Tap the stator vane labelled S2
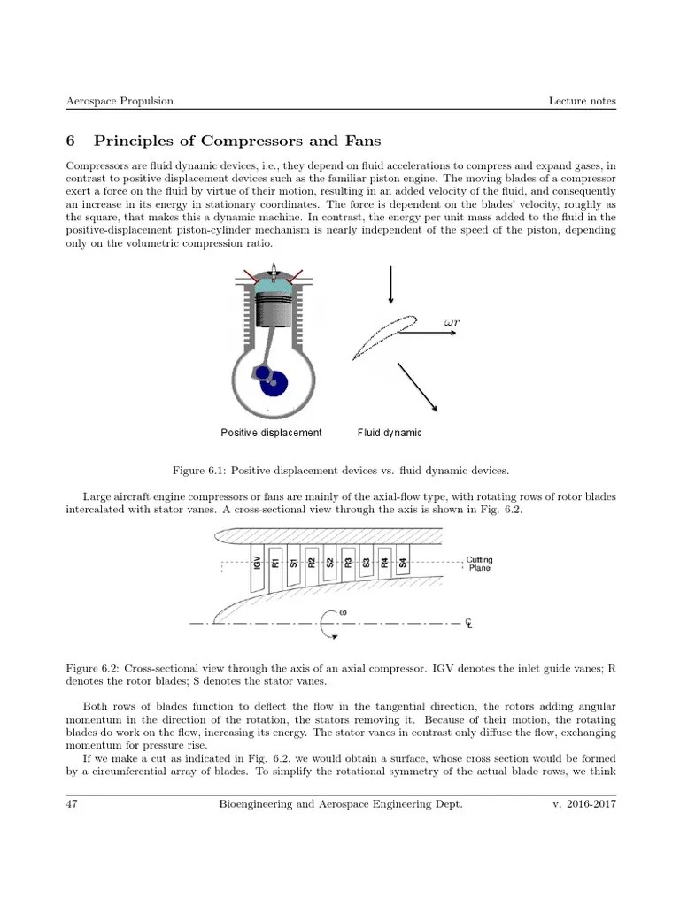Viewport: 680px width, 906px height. tap(329, 562)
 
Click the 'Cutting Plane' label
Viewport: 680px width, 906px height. tap(479, 564)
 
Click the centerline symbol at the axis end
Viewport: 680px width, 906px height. tap(469, 623)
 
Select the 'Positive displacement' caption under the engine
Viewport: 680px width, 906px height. tap(271, 433)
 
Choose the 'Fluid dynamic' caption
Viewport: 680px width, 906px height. tap(390, 433)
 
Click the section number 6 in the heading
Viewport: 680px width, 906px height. tap(72, 141)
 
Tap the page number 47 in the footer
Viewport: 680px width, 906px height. tap(73, 804)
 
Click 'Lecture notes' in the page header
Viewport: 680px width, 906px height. tap(582, 101)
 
